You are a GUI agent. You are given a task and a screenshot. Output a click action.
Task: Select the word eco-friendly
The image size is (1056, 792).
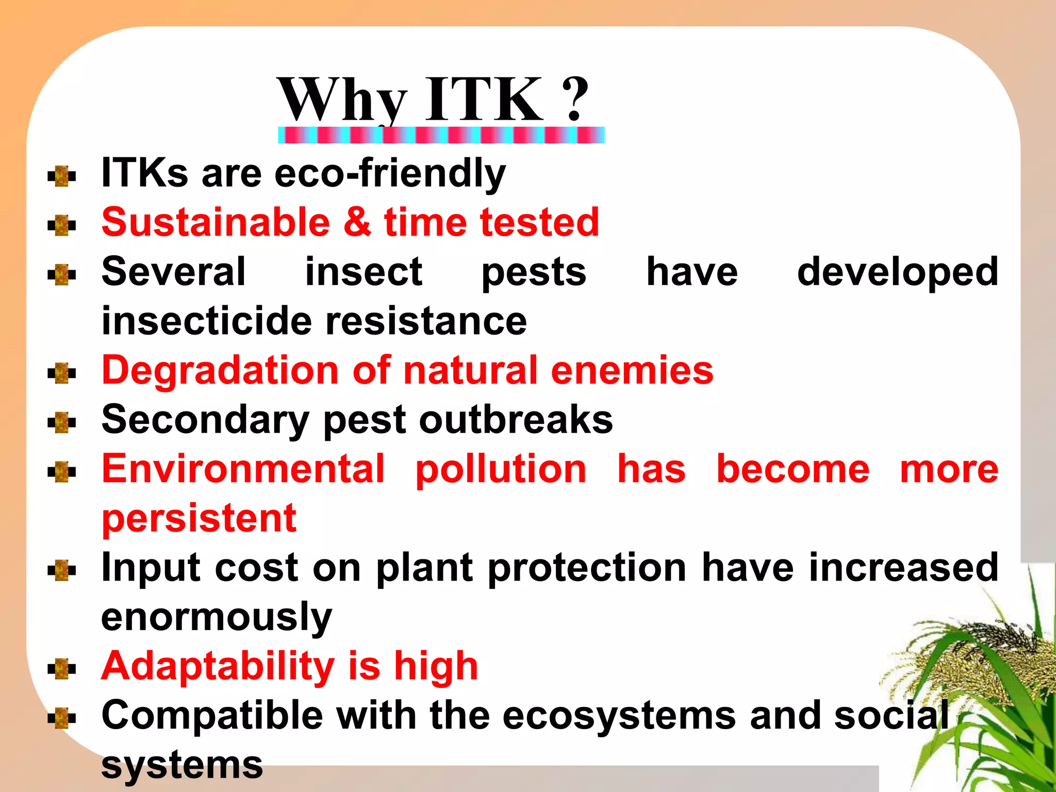(x=390, y=173)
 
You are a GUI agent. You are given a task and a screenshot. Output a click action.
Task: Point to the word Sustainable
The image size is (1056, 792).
(x=216, y=222)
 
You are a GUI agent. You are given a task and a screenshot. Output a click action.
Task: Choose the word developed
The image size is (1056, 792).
(x=897, y=272)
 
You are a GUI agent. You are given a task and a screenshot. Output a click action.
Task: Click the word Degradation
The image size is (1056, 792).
(x=220, y=370)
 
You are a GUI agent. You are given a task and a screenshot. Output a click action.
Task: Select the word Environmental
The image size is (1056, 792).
(x=243, y=469)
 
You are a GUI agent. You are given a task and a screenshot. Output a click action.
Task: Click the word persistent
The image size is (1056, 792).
(x=199, y=519)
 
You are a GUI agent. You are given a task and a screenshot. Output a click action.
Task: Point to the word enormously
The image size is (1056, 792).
(x=217, y=618)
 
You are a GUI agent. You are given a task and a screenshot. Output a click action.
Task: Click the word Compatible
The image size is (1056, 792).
(x=212, y=716)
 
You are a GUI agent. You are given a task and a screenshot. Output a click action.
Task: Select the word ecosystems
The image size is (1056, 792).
(x=619, y=716)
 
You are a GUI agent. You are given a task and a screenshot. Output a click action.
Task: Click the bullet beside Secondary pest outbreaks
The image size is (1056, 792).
(x=62, y=422)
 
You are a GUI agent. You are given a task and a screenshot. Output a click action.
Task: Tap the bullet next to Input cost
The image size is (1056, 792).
(x=62, y=570)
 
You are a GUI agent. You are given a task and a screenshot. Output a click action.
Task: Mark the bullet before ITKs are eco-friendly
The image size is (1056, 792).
(x=62, y=176)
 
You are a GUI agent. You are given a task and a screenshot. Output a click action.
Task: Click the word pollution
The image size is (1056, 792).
(x=501, y=470)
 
